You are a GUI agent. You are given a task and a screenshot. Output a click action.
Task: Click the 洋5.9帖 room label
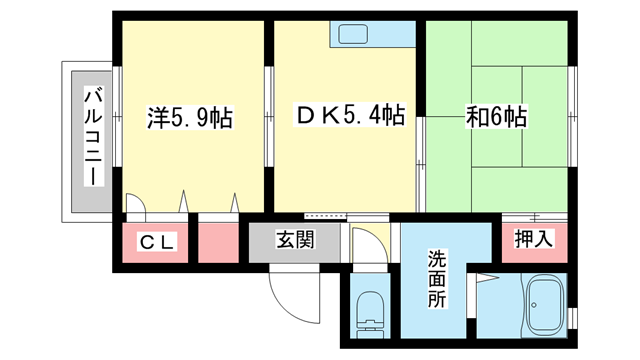[x=190, y=118]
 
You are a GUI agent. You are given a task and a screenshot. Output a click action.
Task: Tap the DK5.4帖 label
[x=350, y=115]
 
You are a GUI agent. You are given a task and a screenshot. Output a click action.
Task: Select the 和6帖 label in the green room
[x=497, y=116]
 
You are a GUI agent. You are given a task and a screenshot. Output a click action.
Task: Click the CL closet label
[x=157, y=243]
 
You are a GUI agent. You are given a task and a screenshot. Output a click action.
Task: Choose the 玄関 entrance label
[x=296, y=240]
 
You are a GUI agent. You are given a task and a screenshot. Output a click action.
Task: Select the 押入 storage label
[x=533, y=239]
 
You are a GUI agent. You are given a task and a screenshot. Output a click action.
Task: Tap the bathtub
[x=546, y=304]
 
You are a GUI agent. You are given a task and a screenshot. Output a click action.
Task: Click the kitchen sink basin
[x=353, y=34]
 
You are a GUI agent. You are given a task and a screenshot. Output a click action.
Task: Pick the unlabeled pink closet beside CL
[x=218, y=243]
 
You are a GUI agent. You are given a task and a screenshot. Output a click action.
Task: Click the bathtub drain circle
[x=534, y=304]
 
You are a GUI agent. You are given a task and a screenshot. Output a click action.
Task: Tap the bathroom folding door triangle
[x=487, y=278]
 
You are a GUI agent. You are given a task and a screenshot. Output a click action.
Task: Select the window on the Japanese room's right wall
[x=572, y=116]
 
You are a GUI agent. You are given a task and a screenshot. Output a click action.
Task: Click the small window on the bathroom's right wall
[x=573, y=318]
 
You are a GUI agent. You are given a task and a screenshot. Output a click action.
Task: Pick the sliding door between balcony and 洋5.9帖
[x=117, y=116]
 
